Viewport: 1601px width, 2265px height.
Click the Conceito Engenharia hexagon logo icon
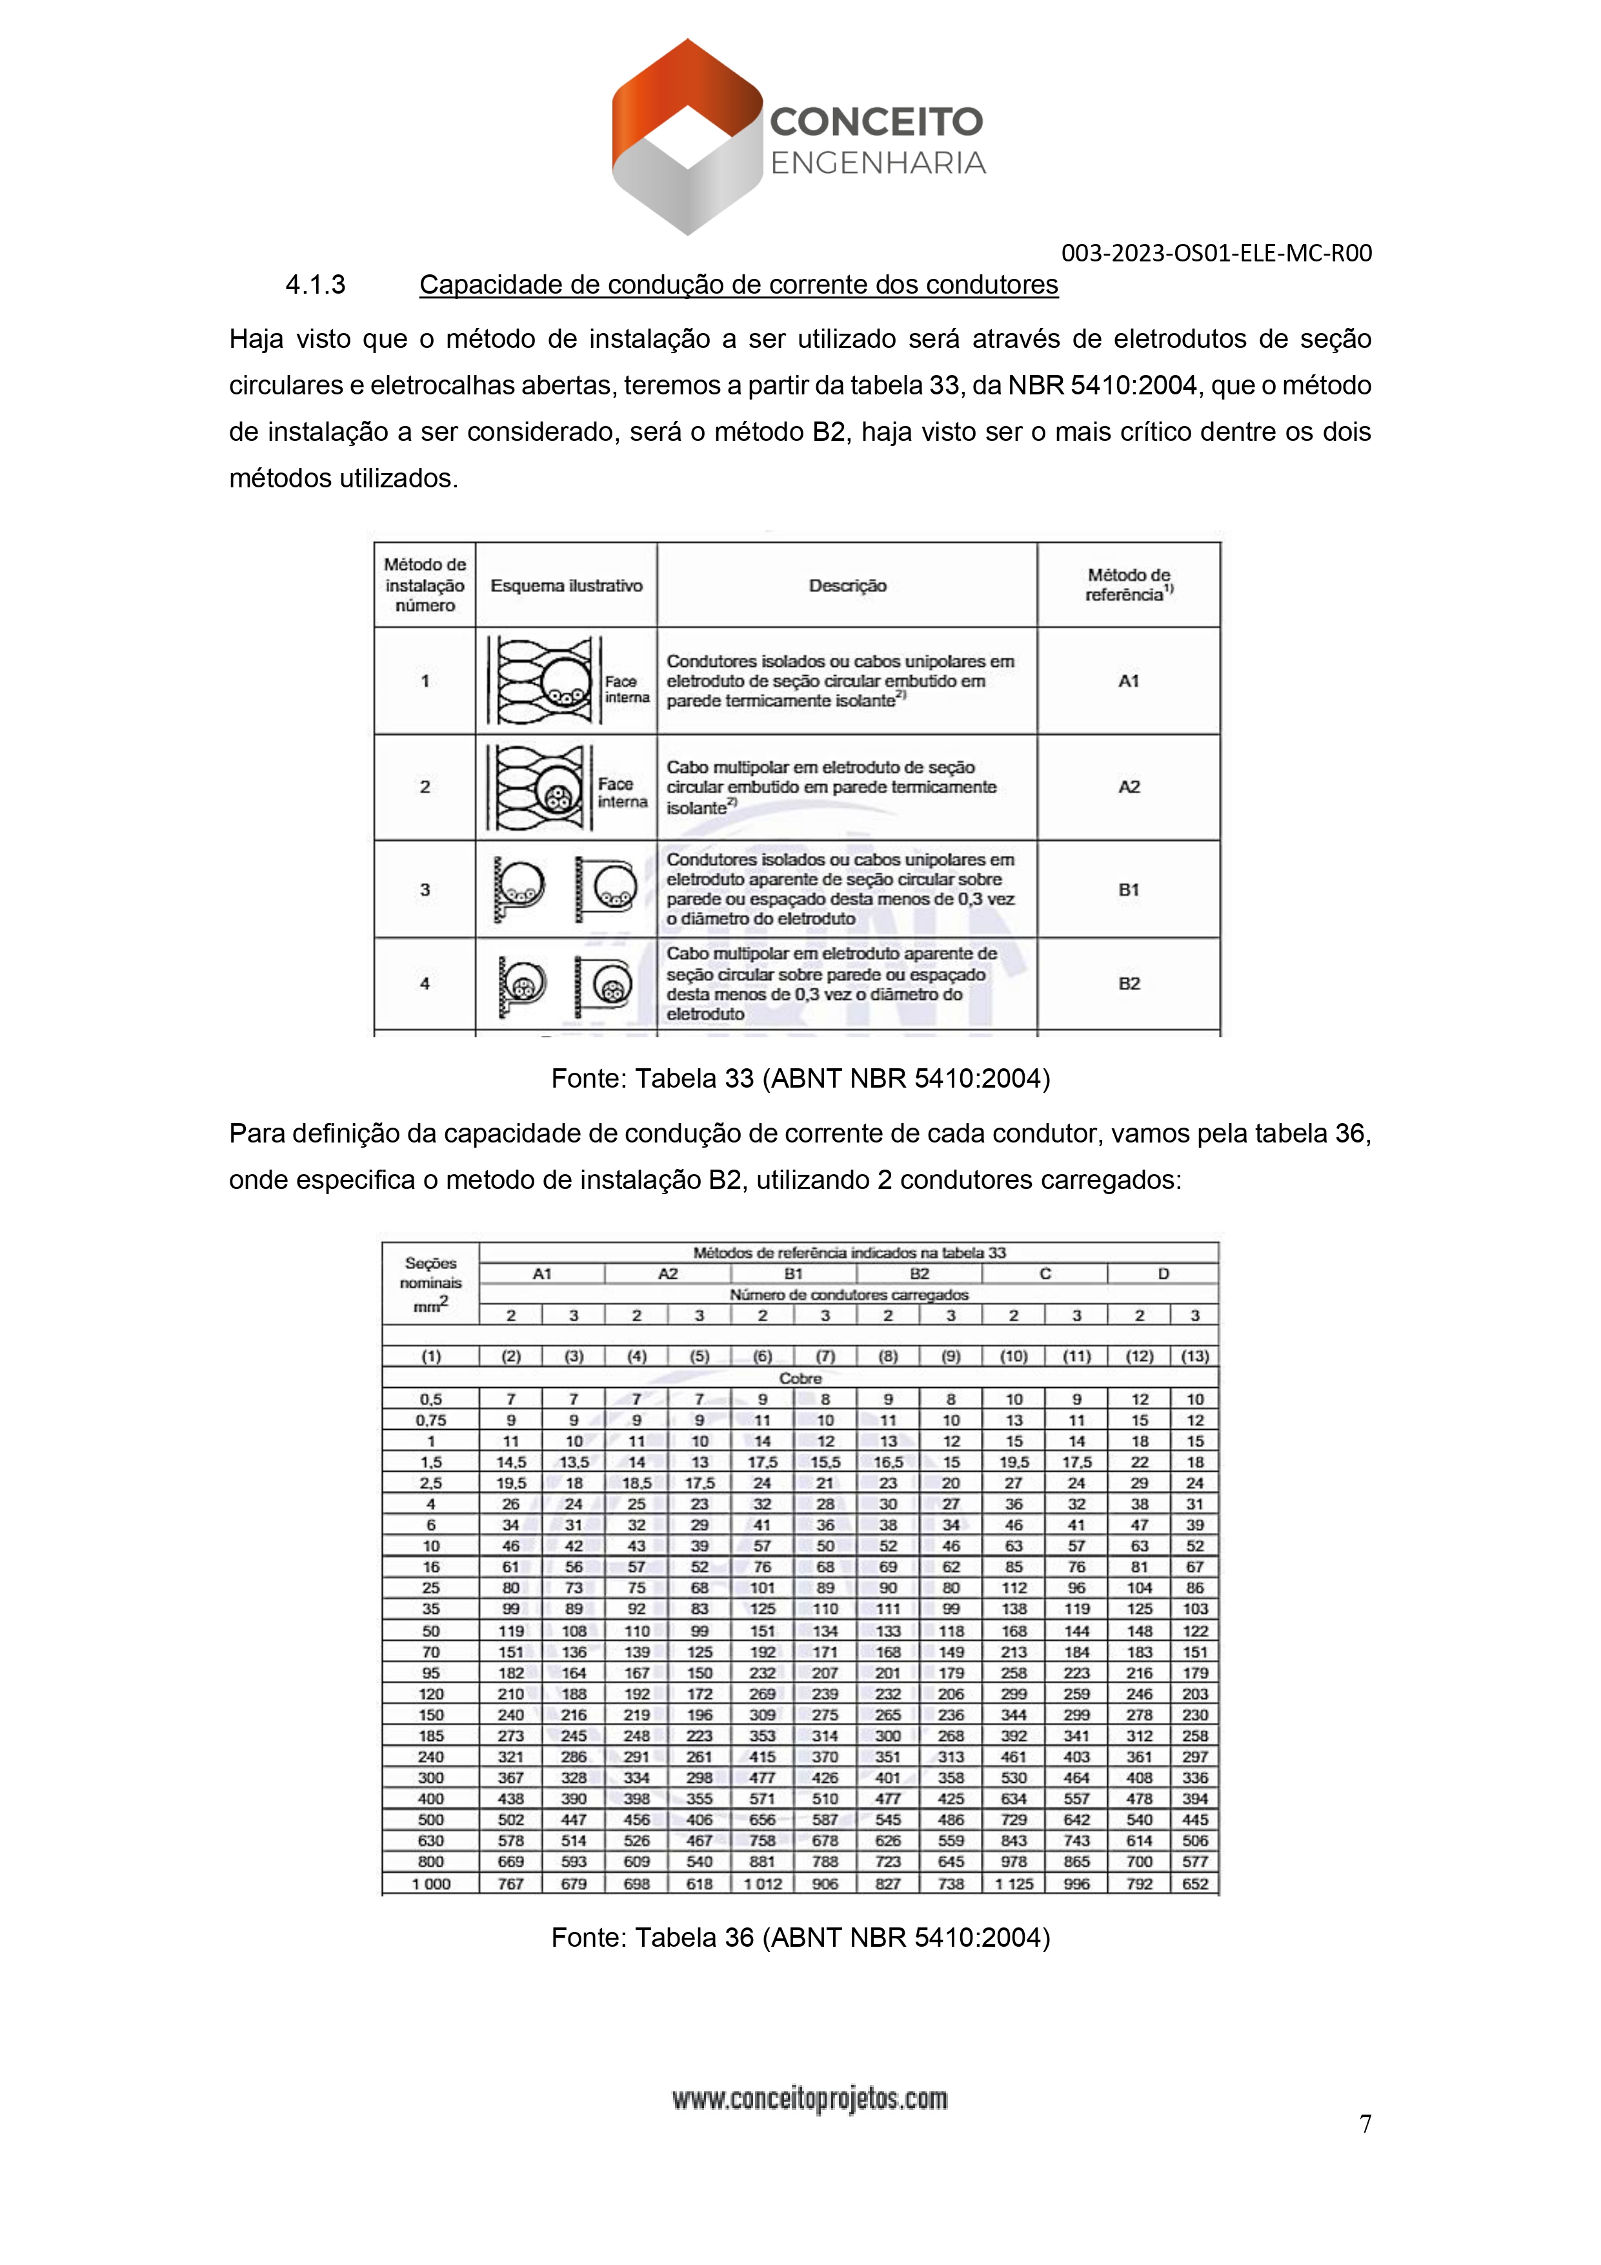tap(687, 137)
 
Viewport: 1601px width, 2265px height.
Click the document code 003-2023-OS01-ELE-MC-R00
tap(1215, 254)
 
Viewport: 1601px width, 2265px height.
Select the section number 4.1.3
tap(315, 285)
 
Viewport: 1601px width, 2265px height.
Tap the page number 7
tap(1365, 2123)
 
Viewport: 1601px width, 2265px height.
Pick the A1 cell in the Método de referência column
tap(1129, 681)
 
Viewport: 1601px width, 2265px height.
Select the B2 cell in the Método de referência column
tap(1129, 984)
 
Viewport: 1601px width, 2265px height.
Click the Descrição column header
tap(847, 586)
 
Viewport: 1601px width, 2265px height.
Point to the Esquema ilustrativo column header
tap(566, 586)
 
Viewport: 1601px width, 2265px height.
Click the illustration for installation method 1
tap(566, 681)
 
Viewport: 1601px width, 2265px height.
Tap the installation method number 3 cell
tap(425, 890)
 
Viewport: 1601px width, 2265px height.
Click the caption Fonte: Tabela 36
tap(800, 1938)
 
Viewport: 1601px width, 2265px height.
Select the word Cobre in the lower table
tap(800, 1378)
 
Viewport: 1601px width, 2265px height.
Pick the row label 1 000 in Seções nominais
tap(431, 1884)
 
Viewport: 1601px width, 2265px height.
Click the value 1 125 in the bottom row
tap(1014, 1884)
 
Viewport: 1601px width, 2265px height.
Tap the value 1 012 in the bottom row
tap(763, 1884)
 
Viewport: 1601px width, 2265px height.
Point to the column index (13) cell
tap(1194, 1356)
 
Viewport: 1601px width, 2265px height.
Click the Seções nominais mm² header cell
tap(431, 1283)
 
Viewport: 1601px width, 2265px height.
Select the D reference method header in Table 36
tap(1163, 1274)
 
